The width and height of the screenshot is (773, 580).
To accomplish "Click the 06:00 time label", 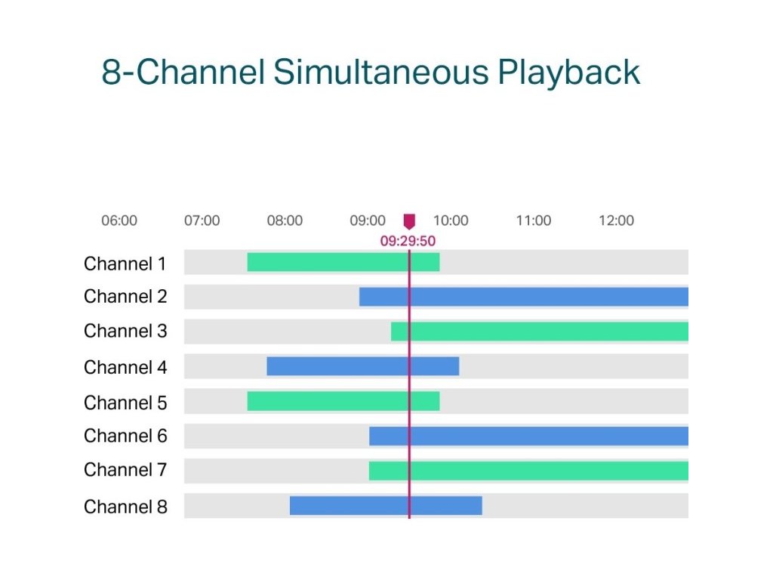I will pos(119,221).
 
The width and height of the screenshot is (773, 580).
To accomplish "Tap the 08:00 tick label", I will pos(285,221).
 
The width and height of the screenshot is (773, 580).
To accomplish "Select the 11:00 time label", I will pos(534,221).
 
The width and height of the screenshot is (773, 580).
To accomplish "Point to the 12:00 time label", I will pos(616,221).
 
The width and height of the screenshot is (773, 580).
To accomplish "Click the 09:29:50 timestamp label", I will pos(408,241).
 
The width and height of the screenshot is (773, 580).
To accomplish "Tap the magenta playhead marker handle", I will pos(409,221).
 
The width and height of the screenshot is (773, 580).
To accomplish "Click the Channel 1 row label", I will pos(125,264).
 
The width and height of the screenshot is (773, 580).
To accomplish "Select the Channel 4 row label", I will pos(125,367).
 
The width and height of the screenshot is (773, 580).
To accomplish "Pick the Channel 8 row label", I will pos(125,506).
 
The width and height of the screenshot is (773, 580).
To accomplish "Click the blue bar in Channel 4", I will pos(362,366).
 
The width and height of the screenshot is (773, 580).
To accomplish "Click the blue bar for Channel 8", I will pos(385,505).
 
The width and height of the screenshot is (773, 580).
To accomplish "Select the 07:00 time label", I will pos(202,221).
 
